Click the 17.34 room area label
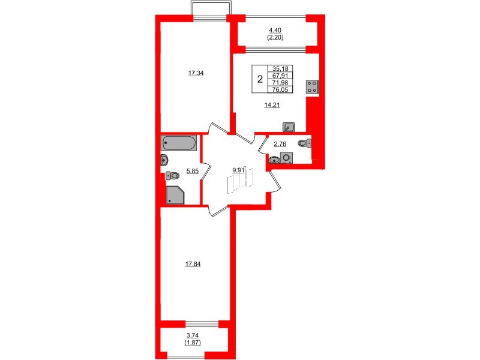click(x=196, y=73)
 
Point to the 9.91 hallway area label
click(x=239, y=170)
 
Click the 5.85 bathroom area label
click(x=192, y=171)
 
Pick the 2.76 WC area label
click(x=280, y=144)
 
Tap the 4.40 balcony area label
click(x=275, y=30)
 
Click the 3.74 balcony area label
click(x=192, y=335)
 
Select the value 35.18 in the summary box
click(x=280, y=69)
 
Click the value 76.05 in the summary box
click(x=280, y=90)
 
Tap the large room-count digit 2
click(x=259, y=79)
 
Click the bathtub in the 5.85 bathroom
click(x=179, y=144)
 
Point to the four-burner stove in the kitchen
click(x=312, y=86)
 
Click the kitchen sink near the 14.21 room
click(x=289, y=127)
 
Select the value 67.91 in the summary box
click(x=280, y=76)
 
